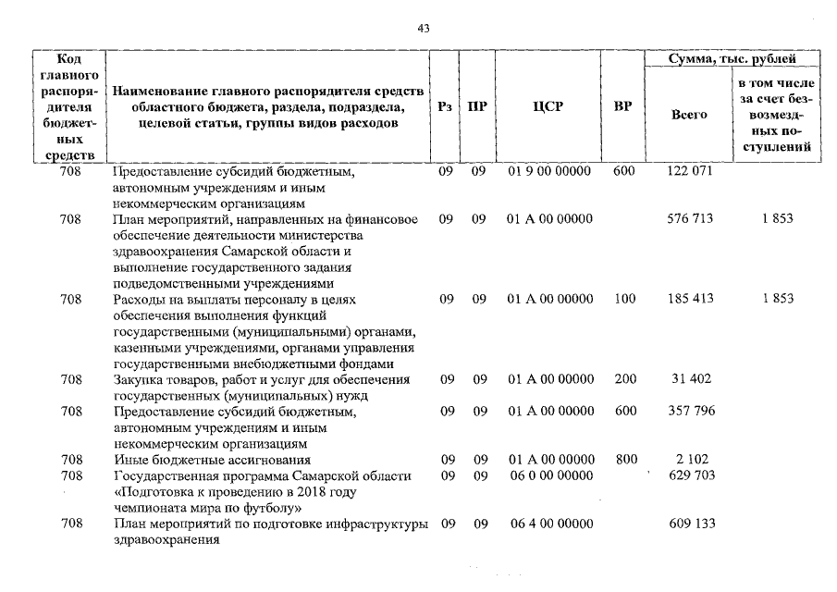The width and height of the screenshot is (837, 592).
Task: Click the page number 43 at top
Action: (x=424, y=30)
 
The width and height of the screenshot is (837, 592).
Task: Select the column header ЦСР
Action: (x=548, y=106)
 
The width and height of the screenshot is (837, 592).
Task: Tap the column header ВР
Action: (x=623, y=106)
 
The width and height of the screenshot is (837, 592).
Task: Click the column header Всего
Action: (x=689, y=115)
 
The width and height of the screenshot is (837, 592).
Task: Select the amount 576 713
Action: (x=690, y=219)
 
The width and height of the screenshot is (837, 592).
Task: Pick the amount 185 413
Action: (x=690, y=300)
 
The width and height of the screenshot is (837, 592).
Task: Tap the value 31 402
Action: (x=691, y=379)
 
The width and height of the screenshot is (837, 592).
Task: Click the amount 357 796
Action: (x=690, y=411)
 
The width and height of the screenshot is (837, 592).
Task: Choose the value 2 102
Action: (x=691, y=459)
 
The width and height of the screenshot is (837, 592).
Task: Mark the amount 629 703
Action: (x=690, y=475)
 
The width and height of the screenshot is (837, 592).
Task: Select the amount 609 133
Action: (x=690, y=524)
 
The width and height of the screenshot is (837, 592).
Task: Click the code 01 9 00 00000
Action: (x=549, y=172)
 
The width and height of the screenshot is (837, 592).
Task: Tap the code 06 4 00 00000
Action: (x=549, y=524)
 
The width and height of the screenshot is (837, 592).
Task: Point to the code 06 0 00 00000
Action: (x=549, y=475)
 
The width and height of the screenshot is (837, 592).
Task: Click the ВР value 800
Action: (x=624, y=459)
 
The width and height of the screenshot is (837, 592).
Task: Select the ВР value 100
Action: (x=624, y=300)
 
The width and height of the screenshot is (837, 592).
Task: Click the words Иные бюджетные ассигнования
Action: (x=211, y=460)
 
